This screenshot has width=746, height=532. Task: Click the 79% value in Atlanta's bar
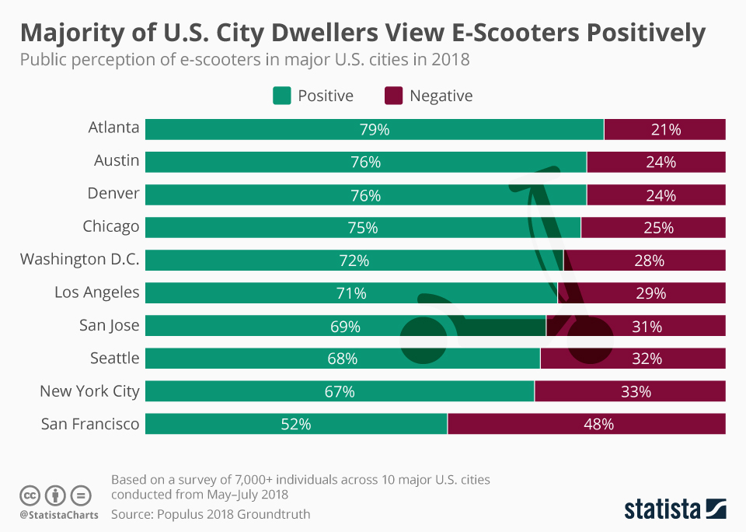pos(375,130)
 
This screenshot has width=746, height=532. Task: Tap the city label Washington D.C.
pos(79,259)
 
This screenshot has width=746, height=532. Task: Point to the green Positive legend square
pos(281,96)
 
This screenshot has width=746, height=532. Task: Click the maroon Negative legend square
pos(393,96)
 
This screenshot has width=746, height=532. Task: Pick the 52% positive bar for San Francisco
pos(296,424)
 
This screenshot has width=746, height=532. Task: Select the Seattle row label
pos(113,358)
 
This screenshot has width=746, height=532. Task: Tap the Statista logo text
pos(661,509)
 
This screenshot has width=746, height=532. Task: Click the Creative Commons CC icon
pos(30,495)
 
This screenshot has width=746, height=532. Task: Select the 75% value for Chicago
pos(363,228)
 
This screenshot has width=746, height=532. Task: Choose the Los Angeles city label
pos(96,292)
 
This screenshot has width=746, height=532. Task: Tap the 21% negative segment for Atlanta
pos(666,130)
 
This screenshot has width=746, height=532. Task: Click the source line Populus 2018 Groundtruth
pos(211,513)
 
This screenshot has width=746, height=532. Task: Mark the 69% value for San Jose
pos(345,326)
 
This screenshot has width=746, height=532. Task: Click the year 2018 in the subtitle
pos(451,59)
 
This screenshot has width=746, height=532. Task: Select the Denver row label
pos(113,193)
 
